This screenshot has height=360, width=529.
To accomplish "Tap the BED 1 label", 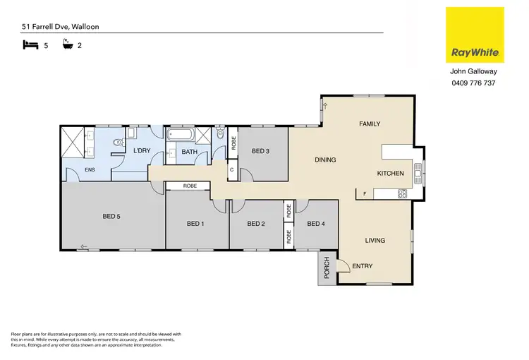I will (x=195, y=224).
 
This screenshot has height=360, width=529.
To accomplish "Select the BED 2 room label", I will (x=257, y=224).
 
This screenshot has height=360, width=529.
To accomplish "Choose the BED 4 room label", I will (x=317, y=224).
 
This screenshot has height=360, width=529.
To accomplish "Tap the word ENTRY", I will (x=363, y=265).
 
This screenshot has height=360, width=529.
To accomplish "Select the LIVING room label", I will (x=375, y=241).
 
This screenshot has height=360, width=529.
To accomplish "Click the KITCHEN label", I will (x=390, y=173).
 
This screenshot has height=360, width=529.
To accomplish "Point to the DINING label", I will (x=324, y=160).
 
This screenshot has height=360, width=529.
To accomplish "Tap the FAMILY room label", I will (x=369, y=124).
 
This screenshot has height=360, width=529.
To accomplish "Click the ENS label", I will (x=90, y=169).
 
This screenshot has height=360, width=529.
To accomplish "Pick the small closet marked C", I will (x=231, y=169).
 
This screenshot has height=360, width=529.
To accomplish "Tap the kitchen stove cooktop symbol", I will (x=402, y=193).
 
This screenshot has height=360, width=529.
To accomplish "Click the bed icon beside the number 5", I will (x=30, y=45).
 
